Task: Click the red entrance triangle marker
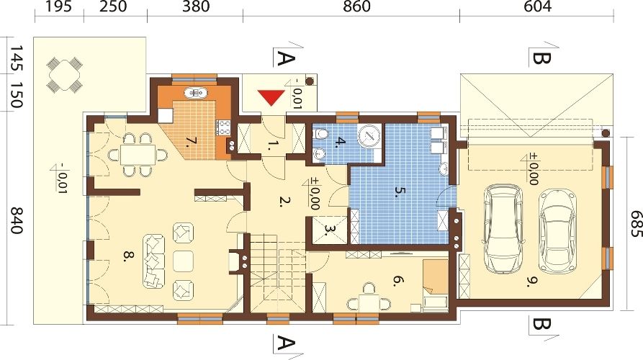[271, 99]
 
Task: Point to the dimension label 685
[635, 224]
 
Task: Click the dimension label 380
[195, 6]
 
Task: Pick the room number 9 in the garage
[532, 282]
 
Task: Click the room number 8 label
[128, 256]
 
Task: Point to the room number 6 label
[397, 281]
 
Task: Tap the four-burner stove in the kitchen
[223, 127]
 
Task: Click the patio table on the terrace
[64, 75]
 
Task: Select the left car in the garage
[504, 228]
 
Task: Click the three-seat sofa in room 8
[154, 261]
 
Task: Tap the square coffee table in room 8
[184, 261]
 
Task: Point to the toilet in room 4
[321, 134]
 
